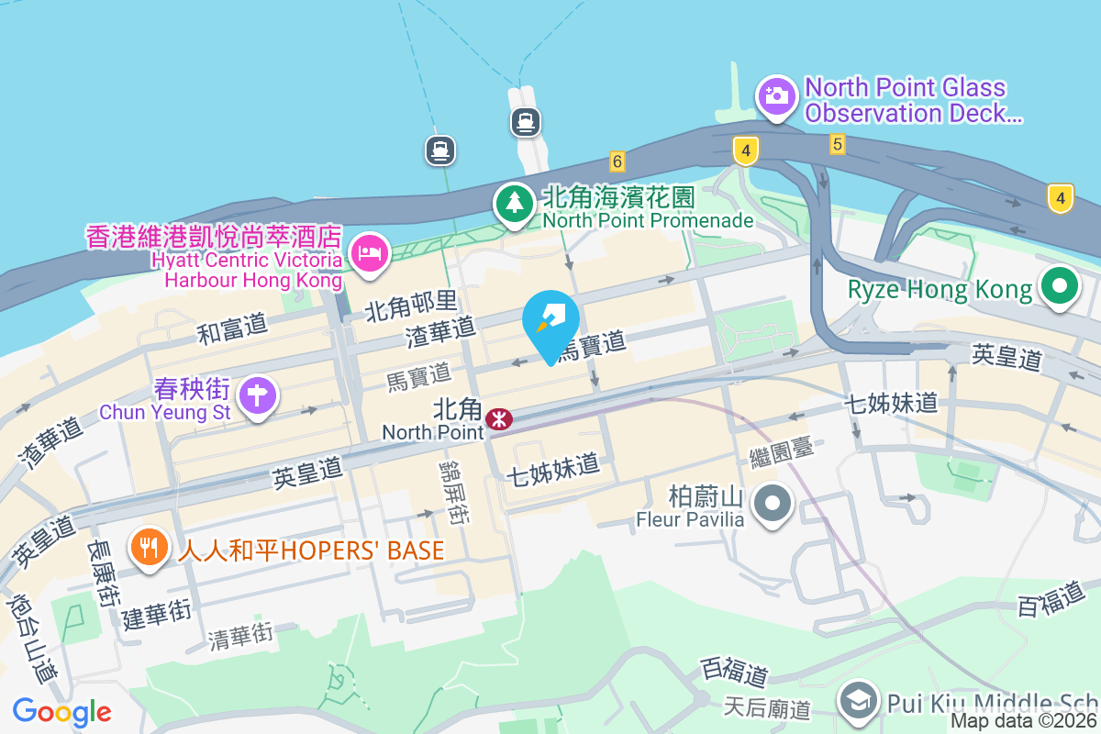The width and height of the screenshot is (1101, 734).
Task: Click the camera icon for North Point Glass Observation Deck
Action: [776, 95]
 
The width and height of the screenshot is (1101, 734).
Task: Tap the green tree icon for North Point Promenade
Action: [515, 202]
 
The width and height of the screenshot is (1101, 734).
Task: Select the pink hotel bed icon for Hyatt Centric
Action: [370, 250]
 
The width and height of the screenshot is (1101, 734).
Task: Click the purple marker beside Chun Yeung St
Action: [258, 396]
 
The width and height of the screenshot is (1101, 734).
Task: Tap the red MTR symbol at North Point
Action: [499, 419]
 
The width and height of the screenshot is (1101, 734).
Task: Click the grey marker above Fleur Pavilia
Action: [773, 503]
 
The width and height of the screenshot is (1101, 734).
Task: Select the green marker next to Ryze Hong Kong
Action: [1059, 287]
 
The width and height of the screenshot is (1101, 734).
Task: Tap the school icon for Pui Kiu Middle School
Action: [860, 702]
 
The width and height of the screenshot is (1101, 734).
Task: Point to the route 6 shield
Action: [617, 161]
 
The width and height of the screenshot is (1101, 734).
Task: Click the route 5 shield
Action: [836, 144]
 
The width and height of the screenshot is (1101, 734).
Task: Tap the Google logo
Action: [61, 712]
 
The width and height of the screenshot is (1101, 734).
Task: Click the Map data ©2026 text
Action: [1024, 721]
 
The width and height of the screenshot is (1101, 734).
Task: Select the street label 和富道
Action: [232, 327]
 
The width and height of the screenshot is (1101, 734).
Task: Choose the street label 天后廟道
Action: [766, 707]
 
